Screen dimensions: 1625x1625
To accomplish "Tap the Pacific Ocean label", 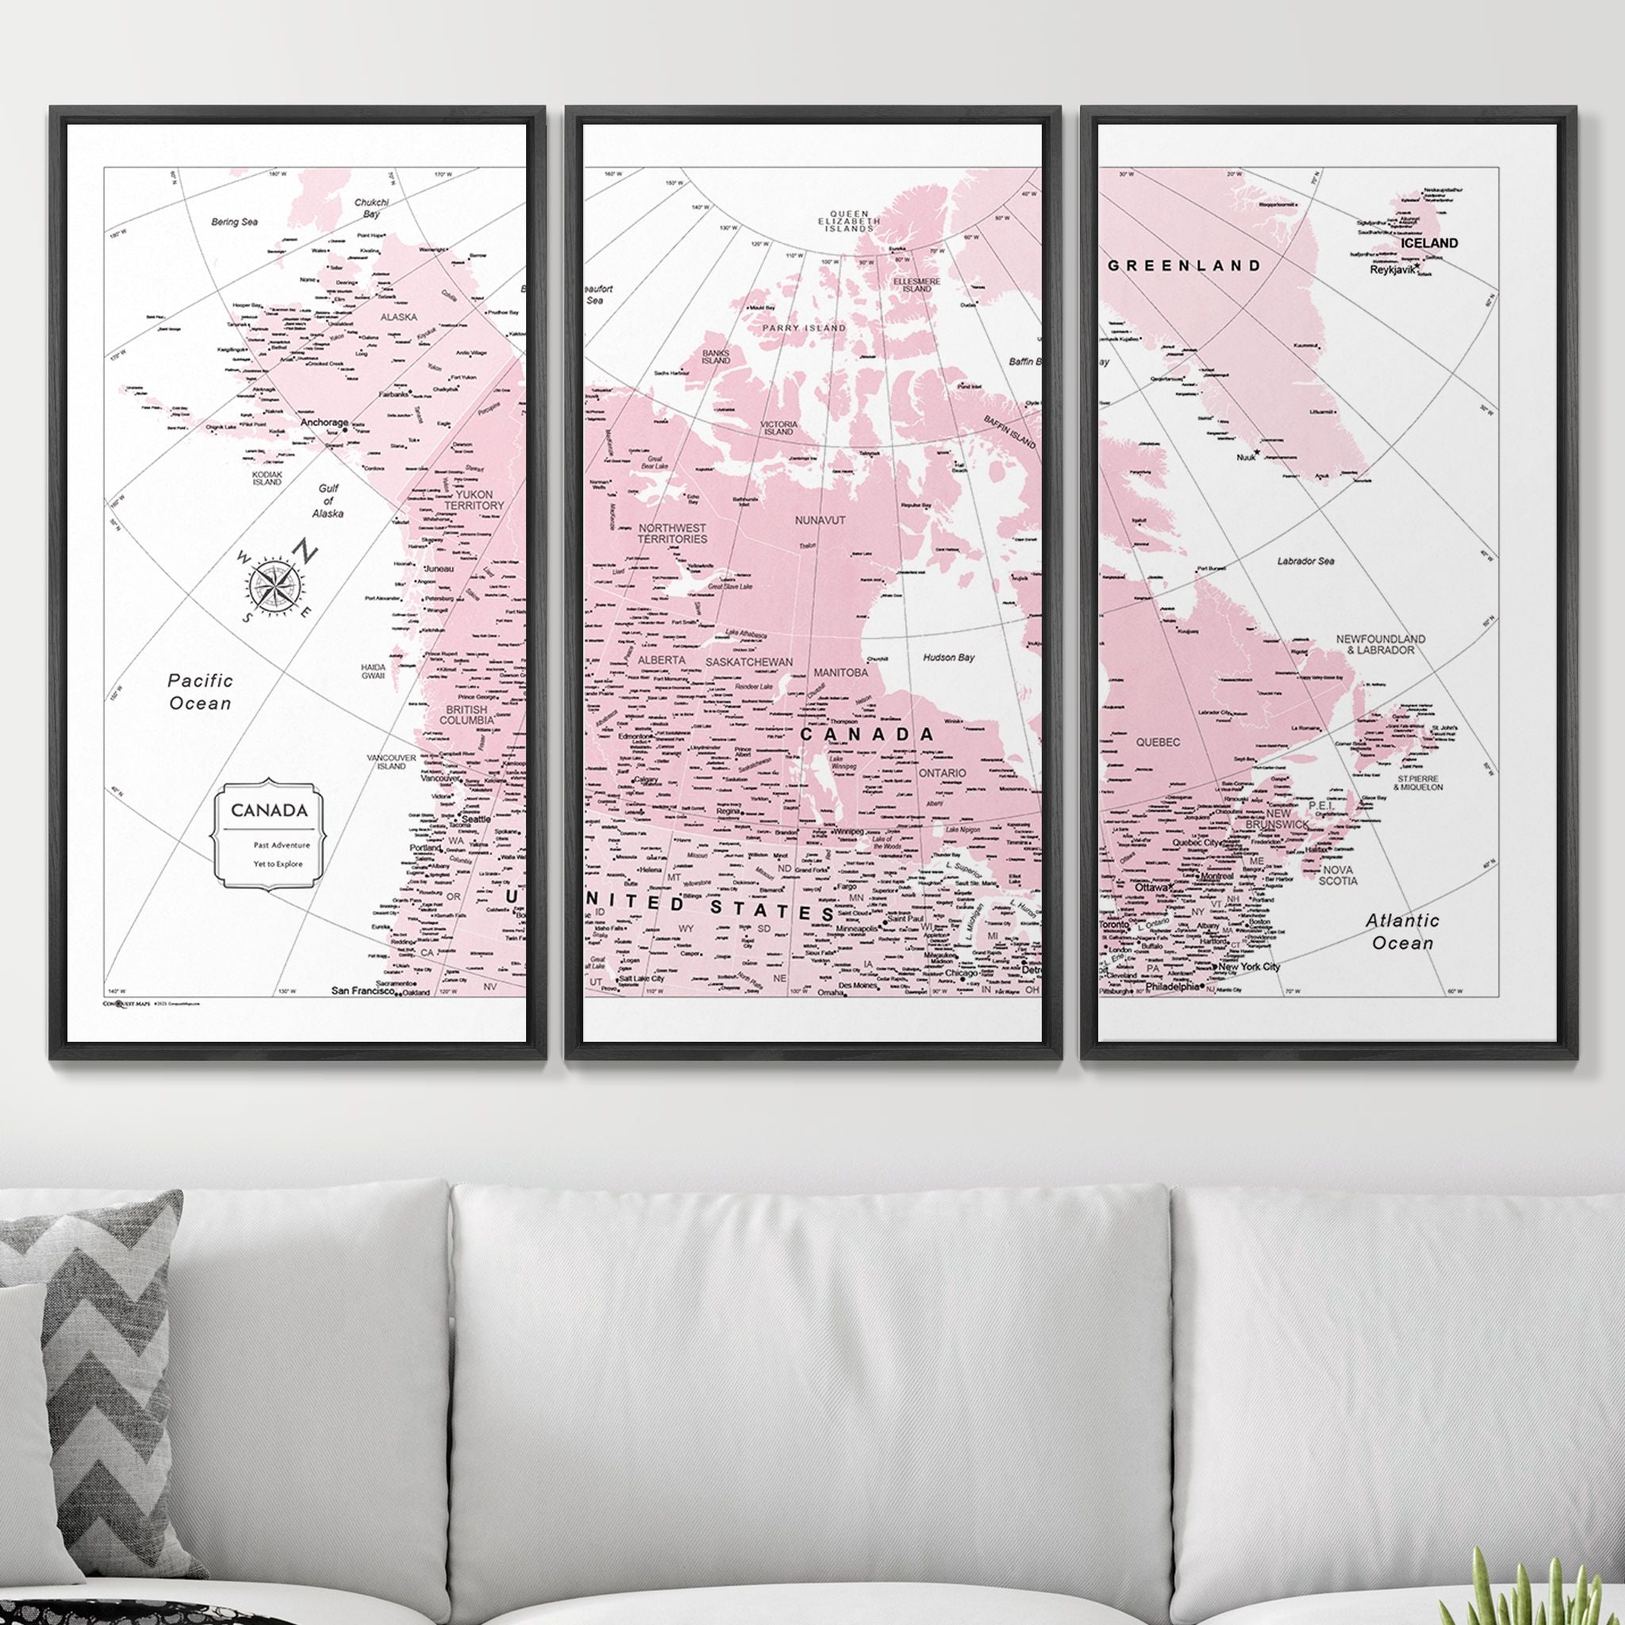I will (x=200, y=691).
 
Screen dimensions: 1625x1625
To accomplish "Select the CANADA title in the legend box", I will (x=269, y=810).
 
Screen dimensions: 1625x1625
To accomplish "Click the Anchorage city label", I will (x=324, y=422).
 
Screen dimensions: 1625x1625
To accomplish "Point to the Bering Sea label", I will (x=235, y=222).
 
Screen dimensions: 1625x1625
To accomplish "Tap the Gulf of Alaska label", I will (x=328, y=501).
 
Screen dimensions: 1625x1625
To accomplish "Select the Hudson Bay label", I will (x=949, y=657).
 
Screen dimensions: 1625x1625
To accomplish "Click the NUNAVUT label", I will (x=820, y=521).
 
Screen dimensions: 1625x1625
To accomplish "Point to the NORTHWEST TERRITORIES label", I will (x=672, y=532).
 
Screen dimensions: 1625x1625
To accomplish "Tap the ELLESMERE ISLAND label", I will (x=916, y=284).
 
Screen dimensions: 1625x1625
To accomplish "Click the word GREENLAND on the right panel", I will (x=1185, y=266).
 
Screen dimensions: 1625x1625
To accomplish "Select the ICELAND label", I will (x=1429, y=243).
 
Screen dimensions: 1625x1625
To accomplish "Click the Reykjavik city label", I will (x=1392, y=270).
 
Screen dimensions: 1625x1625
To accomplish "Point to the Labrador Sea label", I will (x=1305, y=561).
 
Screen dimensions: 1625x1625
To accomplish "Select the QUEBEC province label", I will (x=1158, y=743).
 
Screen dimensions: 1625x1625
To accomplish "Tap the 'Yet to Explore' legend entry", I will (x=279, y=864).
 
